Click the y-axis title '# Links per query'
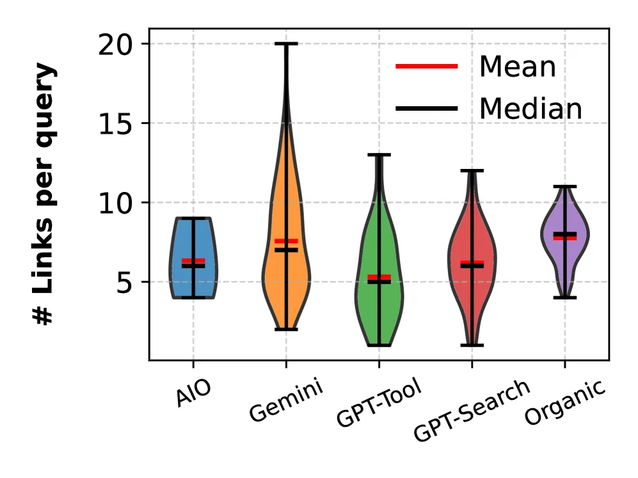coord(45,195)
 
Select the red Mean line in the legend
coord(427,67)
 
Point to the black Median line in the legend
coord(427,109)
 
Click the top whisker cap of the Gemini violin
coord(286,44)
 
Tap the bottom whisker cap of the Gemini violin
coord(286,330)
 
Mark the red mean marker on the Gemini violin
coord(286,241)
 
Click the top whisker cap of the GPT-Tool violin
coord(379,154)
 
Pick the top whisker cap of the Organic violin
coord(564,186)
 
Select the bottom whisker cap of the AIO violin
coord(193,298)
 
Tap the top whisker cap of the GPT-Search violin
coord(472,170)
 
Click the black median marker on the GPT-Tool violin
coord(379,282)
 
